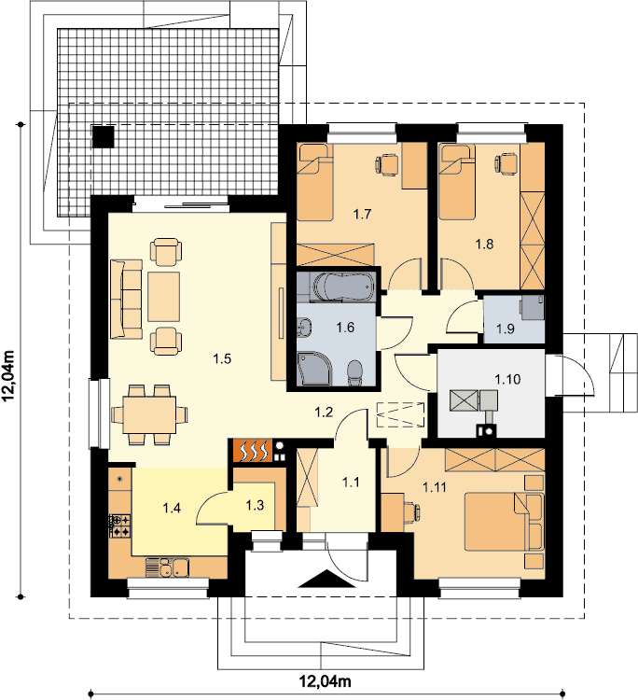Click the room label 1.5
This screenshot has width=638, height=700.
[x=222, y=358]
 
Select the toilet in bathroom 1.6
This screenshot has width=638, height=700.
[x=355, y=373]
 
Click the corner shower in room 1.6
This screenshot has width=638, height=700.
[x=315, y=369]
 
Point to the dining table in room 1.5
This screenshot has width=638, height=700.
[x=149, y=414]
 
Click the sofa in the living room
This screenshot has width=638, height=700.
[x=126, y=300]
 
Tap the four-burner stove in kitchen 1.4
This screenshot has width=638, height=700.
[x=119, y=525]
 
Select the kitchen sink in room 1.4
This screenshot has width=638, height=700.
[x=167, y=567]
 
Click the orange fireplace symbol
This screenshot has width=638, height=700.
[x=252, y=451]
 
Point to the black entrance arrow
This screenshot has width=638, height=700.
[x=326, y=579]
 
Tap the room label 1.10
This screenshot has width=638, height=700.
[x=507, y=380]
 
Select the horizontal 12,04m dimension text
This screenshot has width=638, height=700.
[x=325, y=681]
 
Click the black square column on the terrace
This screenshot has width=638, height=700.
[x=103, y=136]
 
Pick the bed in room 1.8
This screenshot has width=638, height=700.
[x=457, y=182]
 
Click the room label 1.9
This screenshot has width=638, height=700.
[x=505, y=329]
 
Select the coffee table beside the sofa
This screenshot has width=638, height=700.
[x=164, y=297]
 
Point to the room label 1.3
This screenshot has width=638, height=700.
[x=255, y=505]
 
